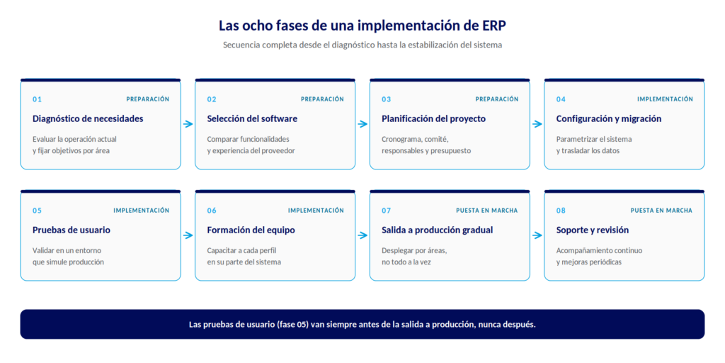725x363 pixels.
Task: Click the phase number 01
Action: pyautogui.click(x=37, y=99)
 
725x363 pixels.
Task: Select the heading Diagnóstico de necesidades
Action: pyautogui.click(x=88, y=118)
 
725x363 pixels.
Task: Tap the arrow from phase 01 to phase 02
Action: pyautogui.click(x=188, y=124)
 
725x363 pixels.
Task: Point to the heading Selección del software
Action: pyautogui.click(x=252, y=118)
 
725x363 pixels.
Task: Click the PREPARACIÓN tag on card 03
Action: pyautogui.click(x=496, y=99)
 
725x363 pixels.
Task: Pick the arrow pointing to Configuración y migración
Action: pyautogui.click(x=537, y=124)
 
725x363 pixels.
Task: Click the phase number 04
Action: pyautogui.click(x=561, y=99)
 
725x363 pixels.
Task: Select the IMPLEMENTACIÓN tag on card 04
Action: pyautogui.click(x=665, y=99)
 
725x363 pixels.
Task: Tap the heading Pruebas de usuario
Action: pyautogui.click(x=72, y=230)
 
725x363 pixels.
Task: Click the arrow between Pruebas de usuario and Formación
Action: pyautogui.click(x=188, y=235)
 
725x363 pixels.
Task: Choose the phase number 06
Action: pyautogui.click(x=212, y=211)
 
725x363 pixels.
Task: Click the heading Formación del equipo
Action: pyautogui.click(x=251, y=230)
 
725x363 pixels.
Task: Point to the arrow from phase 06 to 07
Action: pyautogui.click(x=362, y=235)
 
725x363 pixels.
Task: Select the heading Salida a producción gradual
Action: pyautogui.click(x=438, y=230)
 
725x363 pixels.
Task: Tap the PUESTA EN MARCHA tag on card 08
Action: pyautogui.click(x=661, y=211)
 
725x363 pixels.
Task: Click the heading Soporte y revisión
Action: pyautogui.click(x=593, y=230)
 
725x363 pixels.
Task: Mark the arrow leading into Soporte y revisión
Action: pyautogui.click(x=537, y=235)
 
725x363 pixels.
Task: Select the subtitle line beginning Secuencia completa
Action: pyautogui.click(x=362, y=45)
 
